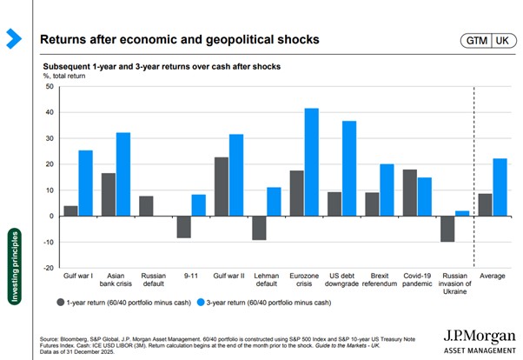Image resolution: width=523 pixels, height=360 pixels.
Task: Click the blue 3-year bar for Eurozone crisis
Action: pos(311,162)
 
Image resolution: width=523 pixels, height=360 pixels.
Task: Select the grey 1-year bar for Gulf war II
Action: pos(222,186)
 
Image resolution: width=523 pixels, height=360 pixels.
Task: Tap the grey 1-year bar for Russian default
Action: pos(146,206)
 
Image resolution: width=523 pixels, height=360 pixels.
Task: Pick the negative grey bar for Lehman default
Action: pos(259,227)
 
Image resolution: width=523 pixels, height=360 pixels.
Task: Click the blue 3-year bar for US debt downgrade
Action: pos(348,168)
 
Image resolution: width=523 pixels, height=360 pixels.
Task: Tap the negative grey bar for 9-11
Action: pos(183,226)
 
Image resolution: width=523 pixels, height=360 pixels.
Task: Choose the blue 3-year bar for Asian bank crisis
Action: pos(123,174)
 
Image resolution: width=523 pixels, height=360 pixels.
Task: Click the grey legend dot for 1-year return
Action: pos(60,303)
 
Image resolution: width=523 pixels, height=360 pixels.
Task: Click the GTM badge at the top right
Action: pos(476,40)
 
